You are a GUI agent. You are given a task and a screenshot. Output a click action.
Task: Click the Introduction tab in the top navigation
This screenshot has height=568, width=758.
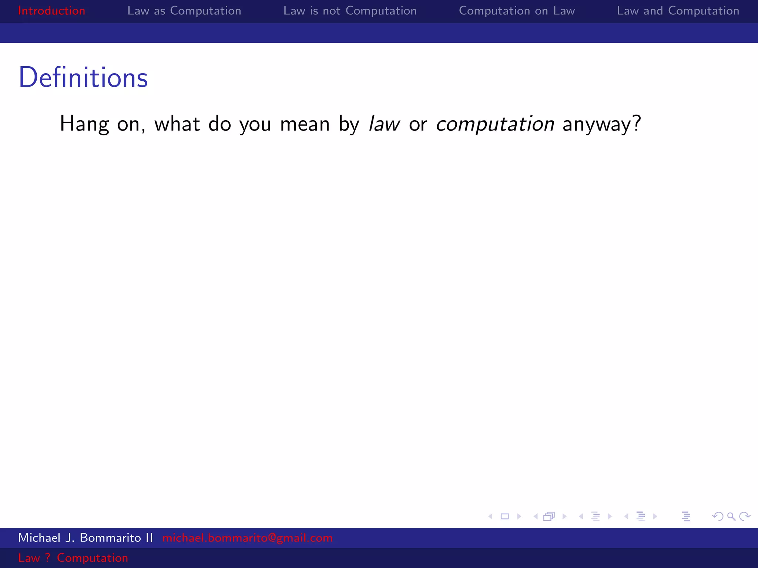51,11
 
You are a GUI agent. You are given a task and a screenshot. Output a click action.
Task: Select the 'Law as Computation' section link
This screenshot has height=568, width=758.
184,11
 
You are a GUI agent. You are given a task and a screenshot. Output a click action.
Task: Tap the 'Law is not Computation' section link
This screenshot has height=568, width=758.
350,11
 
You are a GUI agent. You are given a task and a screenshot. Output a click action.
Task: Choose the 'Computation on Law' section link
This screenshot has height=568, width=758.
517,11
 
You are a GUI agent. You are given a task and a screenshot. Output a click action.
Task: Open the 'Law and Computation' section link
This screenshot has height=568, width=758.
678,11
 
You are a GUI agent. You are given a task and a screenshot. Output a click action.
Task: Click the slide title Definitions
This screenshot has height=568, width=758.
83,78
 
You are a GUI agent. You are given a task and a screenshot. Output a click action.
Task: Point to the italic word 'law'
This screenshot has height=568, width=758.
384,124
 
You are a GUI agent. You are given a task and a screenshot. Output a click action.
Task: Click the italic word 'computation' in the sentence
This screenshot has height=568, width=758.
495,124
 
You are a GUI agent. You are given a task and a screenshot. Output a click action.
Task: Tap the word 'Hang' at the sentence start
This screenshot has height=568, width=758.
84,124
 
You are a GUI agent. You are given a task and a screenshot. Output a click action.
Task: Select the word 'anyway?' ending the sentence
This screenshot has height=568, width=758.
601,124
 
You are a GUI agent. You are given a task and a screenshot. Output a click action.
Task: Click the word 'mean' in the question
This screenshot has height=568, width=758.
305,124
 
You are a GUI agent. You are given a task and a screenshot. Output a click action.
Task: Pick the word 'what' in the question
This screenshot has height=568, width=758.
177,124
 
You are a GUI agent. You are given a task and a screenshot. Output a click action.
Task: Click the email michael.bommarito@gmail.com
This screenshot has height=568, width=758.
247,538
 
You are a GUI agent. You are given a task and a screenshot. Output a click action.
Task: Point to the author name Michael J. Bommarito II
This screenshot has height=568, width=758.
85,538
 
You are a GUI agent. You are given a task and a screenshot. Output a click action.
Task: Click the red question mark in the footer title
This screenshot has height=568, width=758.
48,558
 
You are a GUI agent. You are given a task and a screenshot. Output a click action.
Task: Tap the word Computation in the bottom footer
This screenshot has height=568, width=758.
93,558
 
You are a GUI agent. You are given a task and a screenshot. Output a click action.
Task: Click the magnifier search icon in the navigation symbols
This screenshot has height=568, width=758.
731,516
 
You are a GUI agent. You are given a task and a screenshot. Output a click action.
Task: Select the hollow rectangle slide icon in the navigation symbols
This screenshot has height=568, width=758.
504,516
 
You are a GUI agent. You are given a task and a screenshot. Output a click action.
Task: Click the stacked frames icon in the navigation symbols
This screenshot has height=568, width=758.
549,516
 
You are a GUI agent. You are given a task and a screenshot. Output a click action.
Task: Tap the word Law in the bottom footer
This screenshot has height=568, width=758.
28,558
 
